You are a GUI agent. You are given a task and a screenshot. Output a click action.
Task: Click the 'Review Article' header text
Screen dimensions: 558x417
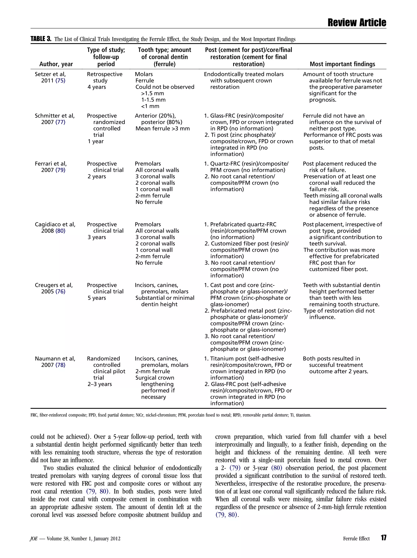tap(357, 23)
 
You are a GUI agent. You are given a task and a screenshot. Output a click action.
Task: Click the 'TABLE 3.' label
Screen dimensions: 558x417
tap(41, 39)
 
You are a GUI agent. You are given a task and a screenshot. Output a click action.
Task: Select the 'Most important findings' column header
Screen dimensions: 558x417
tap(342, 64)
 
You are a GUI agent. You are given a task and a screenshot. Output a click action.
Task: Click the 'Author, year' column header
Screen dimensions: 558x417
tap(56, 64)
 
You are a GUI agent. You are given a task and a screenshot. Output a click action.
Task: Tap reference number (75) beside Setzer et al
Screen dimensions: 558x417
tap(60, 81)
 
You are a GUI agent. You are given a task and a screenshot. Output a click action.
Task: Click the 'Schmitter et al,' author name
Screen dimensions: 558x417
tap(55, 116)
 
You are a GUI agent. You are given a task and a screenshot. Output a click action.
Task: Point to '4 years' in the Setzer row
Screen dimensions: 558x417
tap(97, 87)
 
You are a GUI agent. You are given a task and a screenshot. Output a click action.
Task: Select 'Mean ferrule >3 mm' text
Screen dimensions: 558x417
tap(162, 129)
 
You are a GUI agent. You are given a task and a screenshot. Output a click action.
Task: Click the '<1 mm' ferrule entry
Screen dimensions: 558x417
tap(150, 106)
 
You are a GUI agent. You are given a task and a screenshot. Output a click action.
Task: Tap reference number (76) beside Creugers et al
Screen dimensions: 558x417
tap(60, 292)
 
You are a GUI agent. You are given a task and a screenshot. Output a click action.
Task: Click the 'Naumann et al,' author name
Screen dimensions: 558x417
tap(55, 358)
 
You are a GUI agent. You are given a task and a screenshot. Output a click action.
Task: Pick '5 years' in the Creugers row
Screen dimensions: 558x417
tap(97, 298)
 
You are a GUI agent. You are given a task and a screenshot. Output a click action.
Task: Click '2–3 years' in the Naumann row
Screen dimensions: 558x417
tap(100, 384)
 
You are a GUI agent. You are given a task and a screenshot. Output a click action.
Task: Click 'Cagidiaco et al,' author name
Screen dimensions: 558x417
tap(55, 225)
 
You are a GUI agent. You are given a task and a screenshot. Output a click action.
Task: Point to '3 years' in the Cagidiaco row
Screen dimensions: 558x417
tap(97, 237)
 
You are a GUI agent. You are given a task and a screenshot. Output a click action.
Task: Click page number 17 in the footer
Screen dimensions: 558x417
tap(383, 538)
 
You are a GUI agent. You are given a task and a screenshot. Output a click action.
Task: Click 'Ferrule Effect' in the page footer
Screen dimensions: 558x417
tap(356, 539)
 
